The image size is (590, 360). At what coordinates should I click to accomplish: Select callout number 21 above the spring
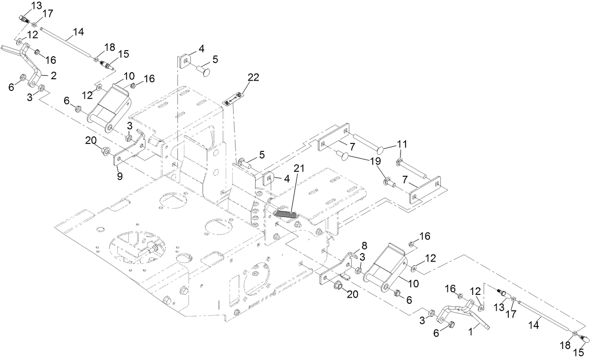[x=299, y=167]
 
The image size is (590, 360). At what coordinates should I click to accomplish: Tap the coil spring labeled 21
[x=286, y=214]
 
